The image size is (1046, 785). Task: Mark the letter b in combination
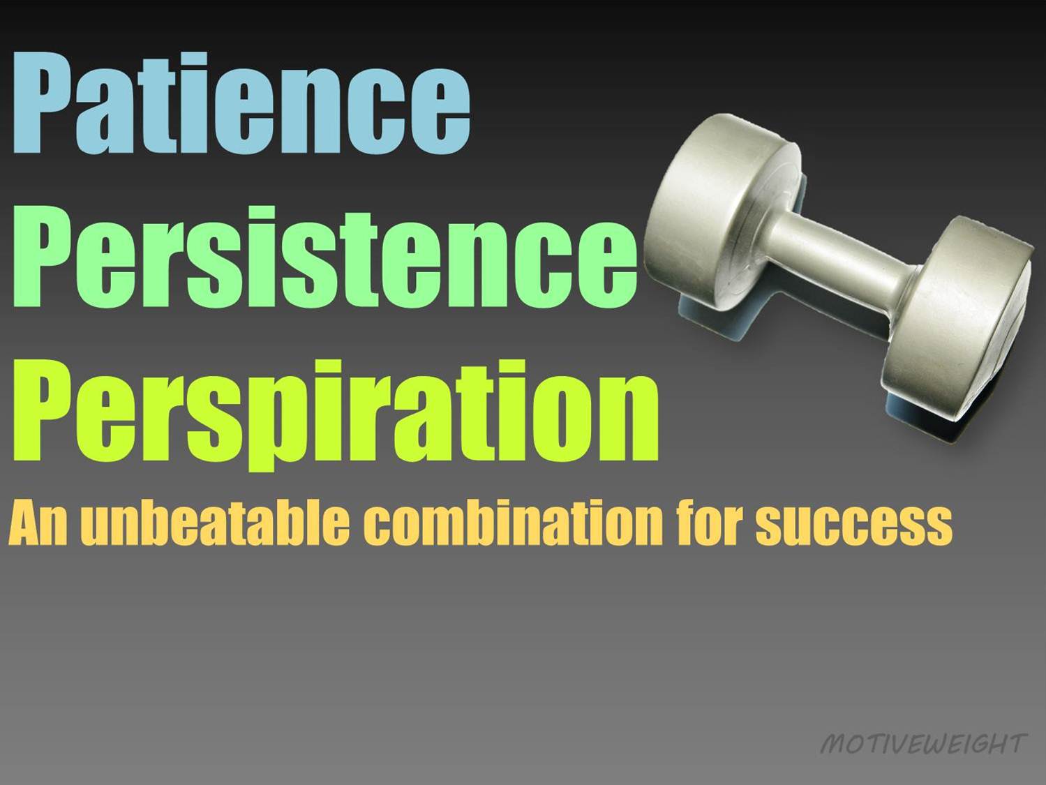tap(488, 520)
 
